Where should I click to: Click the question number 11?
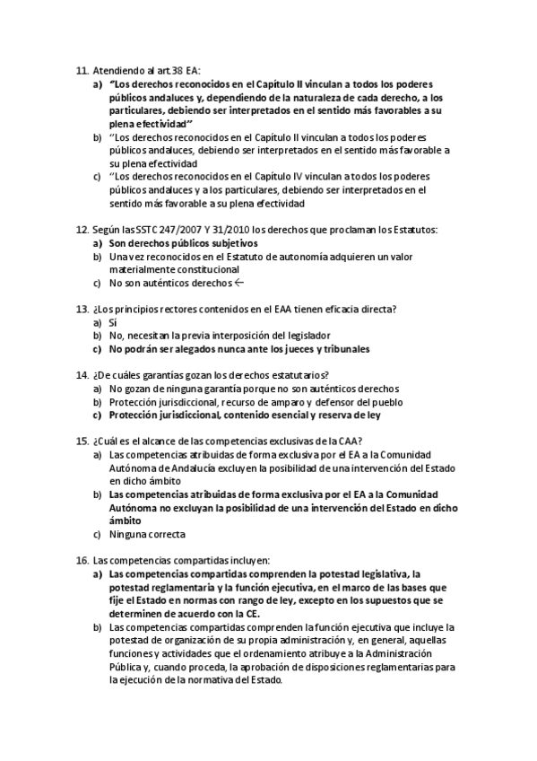coord(82,70)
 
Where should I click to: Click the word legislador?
coord(305,336)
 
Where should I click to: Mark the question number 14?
coord(82,375)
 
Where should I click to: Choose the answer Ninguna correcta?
coord(147,534)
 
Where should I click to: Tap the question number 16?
coord(82,560)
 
